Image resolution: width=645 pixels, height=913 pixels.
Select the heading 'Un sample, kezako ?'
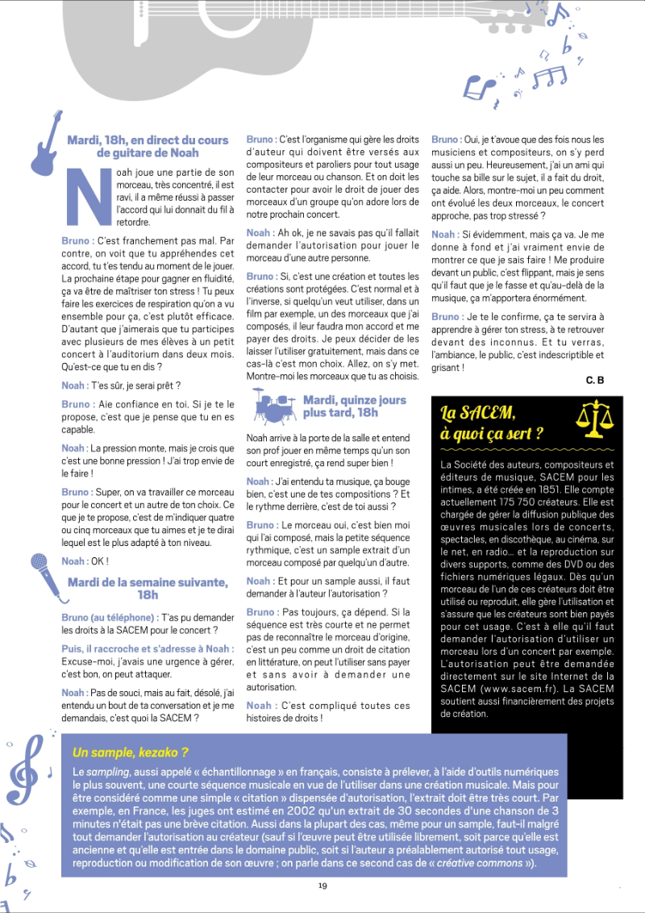(130, 752)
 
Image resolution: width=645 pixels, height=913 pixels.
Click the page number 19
(322, 885)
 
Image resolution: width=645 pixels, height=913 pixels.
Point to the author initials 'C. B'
(594, 380)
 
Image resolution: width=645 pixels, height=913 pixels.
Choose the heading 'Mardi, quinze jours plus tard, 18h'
(354, 406)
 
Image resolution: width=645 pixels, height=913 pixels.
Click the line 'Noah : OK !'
(85, 561)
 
